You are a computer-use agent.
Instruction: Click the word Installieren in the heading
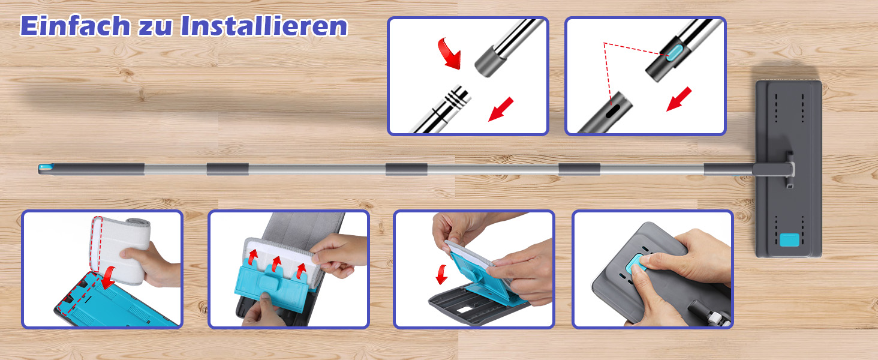(x=264, y=26)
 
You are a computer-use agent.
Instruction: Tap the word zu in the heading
(x=155, y=28)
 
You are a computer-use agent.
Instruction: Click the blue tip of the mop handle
(x=45, y=168)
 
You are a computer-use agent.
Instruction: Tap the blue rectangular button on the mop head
(x=789, y=239)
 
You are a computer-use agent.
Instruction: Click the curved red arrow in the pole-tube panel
(x=447, y=54)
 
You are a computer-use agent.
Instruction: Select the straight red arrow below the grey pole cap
(x=501, y=109)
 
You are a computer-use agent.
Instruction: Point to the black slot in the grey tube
(x=613, y=110)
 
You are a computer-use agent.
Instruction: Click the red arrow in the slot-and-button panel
(x=679, y=99)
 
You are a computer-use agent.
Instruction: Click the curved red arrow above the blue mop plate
(x=109, y=277)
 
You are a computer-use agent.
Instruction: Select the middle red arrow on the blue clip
(x=276, y=265)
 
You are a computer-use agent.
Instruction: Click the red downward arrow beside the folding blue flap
(x=442, y=274)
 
